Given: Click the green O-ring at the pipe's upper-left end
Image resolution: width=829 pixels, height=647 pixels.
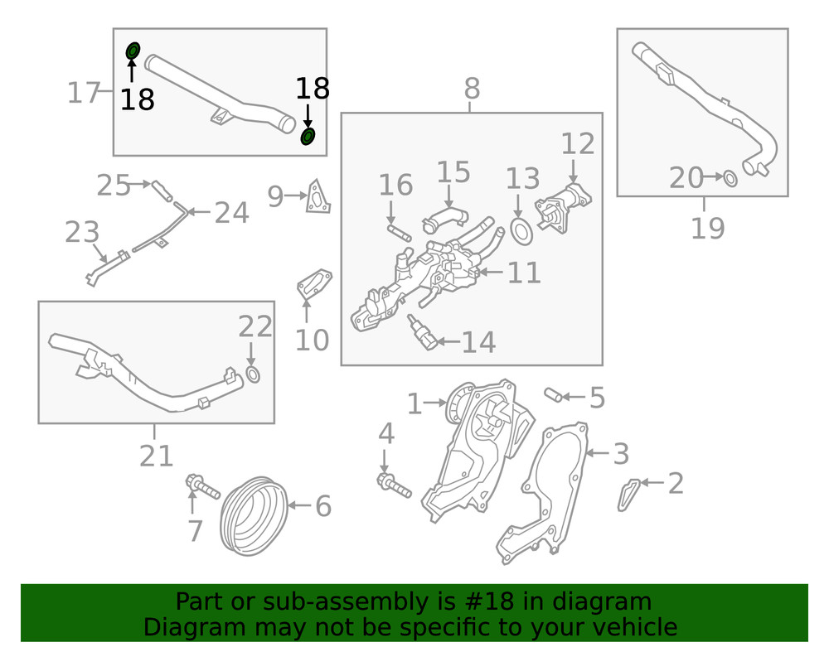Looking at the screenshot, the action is [x=133, y=51].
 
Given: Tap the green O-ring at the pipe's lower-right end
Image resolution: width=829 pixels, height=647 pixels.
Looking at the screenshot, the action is [x=308, y=136].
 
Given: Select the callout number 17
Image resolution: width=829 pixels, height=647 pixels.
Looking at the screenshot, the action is [x=84, y=93].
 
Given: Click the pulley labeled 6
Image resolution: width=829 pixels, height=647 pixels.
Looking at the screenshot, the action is [x=254, y=516].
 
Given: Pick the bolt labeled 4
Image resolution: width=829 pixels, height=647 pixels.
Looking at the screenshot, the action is [x=394, y=485].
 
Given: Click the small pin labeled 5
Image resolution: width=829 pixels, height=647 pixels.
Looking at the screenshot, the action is [x=553, y=394].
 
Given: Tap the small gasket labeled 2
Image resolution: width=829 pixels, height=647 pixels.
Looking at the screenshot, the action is [x=628, y=495].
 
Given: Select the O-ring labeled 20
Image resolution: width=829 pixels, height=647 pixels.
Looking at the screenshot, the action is [x=730, y=178].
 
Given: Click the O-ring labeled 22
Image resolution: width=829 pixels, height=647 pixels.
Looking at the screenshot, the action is [x=253, y=374].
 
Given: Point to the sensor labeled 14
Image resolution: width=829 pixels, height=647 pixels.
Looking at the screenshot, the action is [x=423, y=333].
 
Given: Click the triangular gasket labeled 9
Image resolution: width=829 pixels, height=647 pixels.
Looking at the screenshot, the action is [x=318, y=197].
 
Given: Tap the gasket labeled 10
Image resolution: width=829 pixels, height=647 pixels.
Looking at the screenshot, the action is [x=314, y=284].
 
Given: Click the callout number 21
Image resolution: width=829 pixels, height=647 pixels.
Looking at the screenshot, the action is [x=156, y=456].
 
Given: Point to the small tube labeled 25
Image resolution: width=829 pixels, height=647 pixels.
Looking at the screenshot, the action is [x=162, y=191].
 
